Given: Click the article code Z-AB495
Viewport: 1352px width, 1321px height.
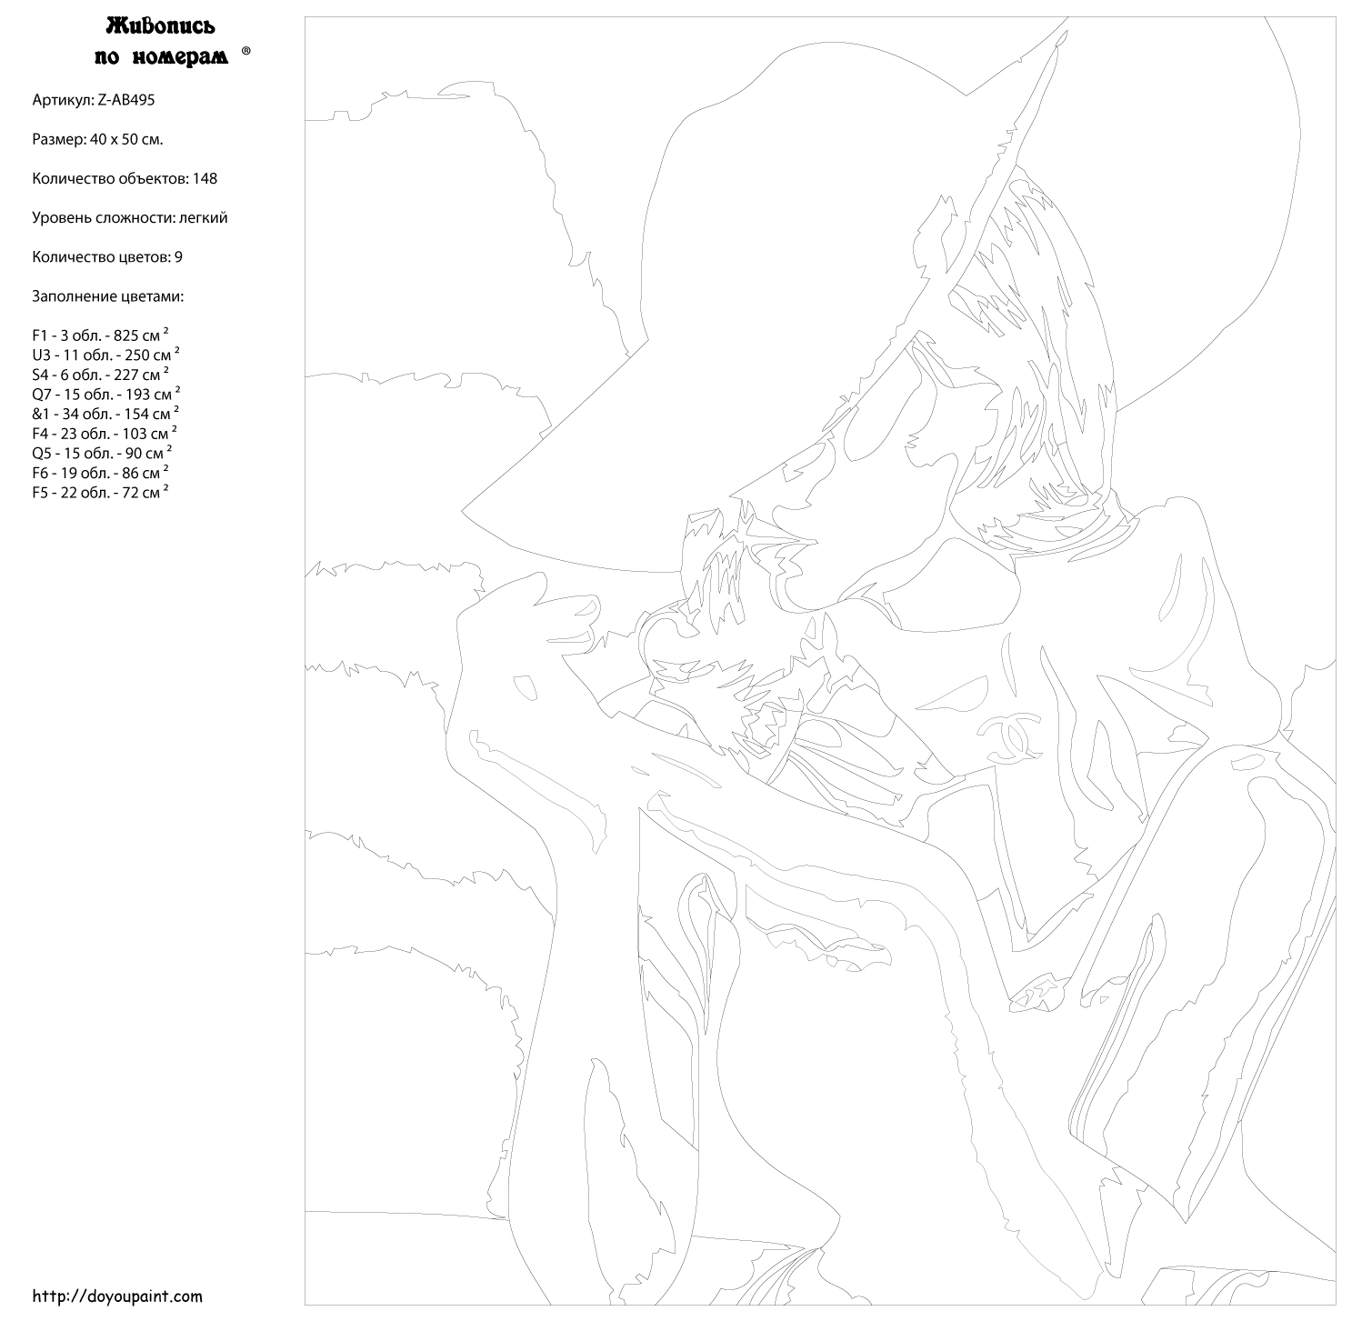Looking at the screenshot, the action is click(x=125, y=100).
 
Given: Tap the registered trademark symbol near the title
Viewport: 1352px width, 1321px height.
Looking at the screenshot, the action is click(x=246, y=51).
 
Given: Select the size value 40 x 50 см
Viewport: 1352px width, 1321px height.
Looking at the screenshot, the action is click(x=126, y=140).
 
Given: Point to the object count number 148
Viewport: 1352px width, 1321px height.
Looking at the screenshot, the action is click(x=205, y=178).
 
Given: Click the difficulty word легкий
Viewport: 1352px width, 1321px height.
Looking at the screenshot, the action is click(x=203, y=218).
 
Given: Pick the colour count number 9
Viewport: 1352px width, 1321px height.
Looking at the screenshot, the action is click(x=178, y=257).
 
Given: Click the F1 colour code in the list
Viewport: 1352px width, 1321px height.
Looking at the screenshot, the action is click(x=40, y=335).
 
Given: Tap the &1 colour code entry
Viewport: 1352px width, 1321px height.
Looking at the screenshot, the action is click(x=41, y=415).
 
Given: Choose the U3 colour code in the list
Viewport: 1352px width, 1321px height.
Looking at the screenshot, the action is click(x=42, y=355).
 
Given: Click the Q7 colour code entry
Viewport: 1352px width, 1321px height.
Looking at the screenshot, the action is click(x=42, y=395).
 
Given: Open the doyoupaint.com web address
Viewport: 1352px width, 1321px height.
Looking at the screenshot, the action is click(x=117, y=1296).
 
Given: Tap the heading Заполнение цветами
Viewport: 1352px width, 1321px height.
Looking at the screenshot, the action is click(x=107, y=296).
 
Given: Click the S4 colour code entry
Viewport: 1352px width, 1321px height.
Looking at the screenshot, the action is click(x=41, y=375).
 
